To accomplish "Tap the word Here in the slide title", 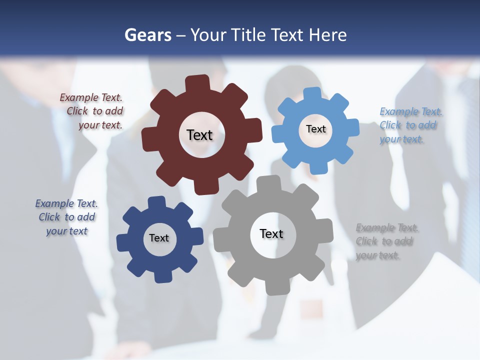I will tap(327, 35).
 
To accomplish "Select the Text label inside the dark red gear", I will tap(199, 135).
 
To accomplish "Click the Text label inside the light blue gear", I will tap(315, 129).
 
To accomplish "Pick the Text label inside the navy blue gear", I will tap(159, 238).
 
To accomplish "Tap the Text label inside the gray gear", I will tap(271, 233).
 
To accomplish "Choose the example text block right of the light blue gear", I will tap(408, 125).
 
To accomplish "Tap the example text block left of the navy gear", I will tap(66, 217).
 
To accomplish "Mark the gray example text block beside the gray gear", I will tap(385, 241).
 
